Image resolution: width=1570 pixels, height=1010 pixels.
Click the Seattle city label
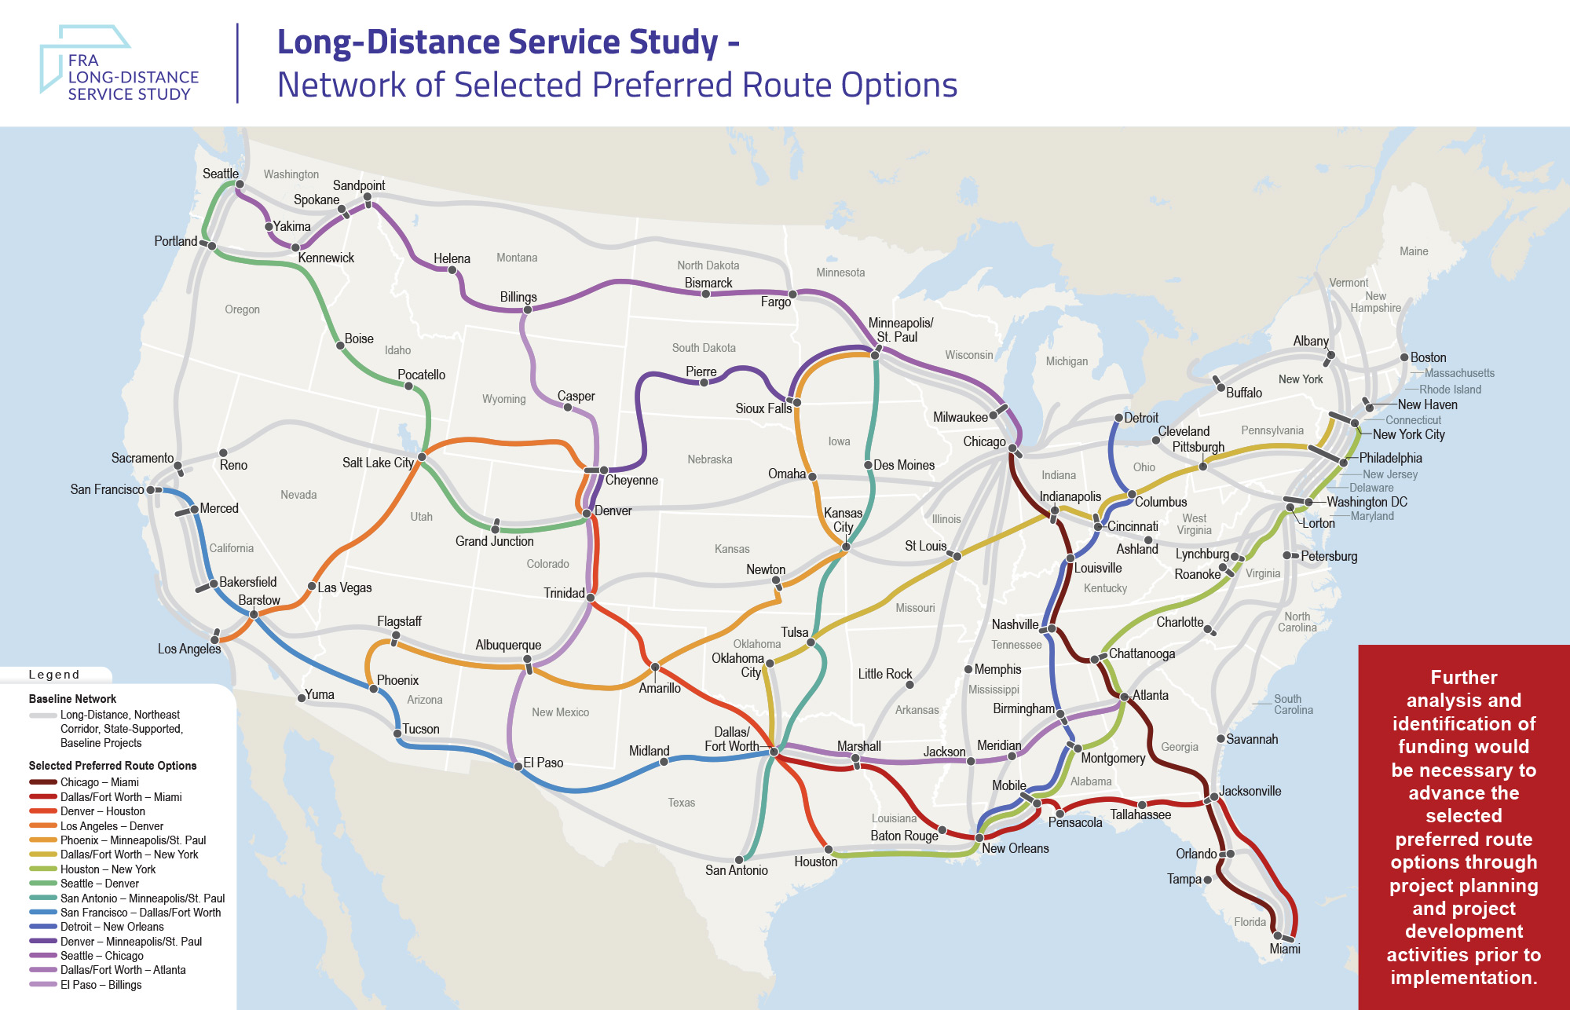pyautogui.click(x=221, y=174)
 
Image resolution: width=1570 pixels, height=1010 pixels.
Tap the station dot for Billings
pyautogui.click(x=528, y=309)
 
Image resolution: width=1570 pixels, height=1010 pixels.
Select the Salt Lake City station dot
pyautogui.click(x=422, y=457)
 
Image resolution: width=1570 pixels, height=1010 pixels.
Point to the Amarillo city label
pyautogui.click(x=659, y=688)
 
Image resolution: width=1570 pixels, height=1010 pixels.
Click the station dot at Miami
pyautogui.click(x=1278, y=935)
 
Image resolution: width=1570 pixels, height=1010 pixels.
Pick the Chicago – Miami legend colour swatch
pyautogui.click(x=42, y=782)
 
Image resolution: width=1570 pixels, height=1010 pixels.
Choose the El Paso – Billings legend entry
pyautogui.click(x=101, y=985)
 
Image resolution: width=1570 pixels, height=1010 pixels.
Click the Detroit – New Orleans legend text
pyautogui.click(x=112, y=927)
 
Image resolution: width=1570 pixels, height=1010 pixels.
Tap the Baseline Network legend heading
pyautogui.click(x=72, y=699)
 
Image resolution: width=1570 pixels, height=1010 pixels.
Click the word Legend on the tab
pyautogui.click(x=53, y=675)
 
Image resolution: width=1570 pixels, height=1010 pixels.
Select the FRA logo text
pyautogui.click(x=82, y=60)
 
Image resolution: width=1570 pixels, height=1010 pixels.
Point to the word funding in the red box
pyautogui.click(x=1463, y=746)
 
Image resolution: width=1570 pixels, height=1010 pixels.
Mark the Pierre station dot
pyautogui.click(x=704, y=382)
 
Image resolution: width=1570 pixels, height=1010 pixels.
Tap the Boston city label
pyautogui.click(x=1428, y=357)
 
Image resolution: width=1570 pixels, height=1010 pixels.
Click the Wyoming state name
pyautogui.click(x=503, y=399)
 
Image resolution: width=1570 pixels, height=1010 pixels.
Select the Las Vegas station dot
pyautogui.click(x=312, y=587)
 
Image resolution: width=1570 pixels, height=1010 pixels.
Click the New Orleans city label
pyautogui.click(x=1015, y=848)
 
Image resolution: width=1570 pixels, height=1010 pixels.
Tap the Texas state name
pyautogui.click(x=681, y=803)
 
